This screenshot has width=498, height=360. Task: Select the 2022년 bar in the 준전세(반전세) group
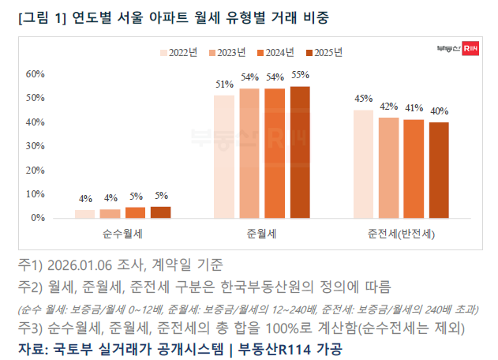363,163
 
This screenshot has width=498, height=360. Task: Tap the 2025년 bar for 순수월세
160,212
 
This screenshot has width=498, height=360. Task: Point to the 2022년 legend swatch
164,53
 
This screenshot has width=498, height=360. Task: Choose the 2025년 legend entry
324,53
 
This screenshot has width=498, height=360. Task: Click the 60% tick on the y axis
36,74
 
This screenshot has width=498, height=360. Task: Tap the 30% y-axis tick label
36,146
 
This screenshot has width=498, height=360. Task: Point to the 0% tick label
38,217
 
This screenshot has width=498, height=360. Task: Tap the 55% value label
300,76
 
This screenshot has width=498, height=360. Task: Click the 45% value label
363,99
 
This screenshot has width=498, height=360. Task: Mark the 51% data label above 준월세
224,84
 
